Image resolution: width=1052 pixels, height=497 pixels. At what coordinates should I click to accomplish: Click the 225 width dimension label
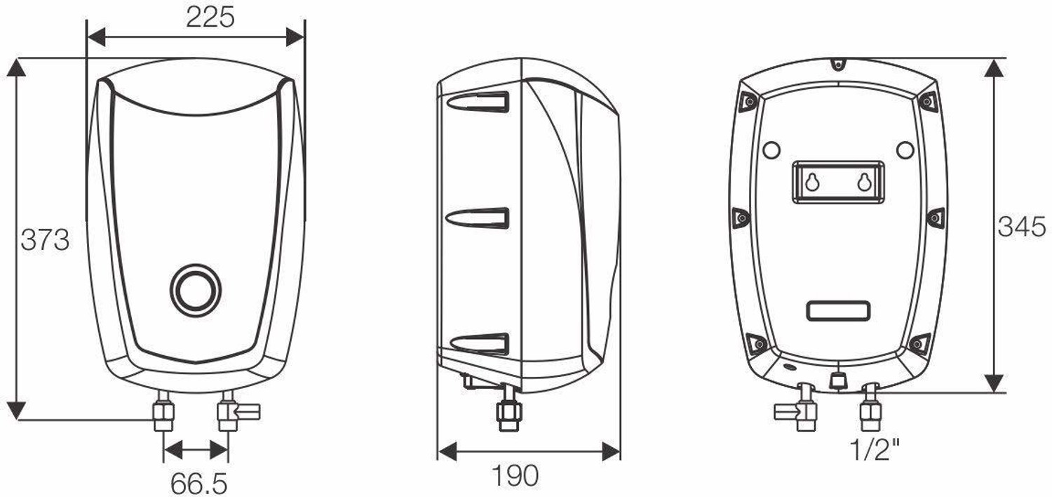click(x=210, y=18)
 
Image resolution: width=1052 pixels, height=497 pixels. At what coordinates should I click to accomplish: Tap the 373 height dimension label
click(x=45, y=239)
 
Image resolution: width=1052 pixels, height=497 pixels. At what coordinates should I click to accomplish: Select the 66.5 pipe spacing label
click(x=198, y=483)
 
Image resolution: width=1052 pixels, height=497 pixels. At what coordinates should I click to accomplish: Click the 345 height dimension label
click(x=1022, y=227)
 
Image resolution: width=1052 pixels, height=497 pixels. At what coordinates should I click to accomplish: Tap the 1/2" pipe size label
click(x=875, y=449)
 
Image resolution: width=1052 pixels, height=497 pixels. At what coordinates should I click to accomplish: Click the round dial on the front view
click(x=196, y=289)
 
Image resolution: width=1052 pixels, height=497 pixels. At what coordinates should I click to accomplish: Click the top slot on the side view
click(x=478, y=102)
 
